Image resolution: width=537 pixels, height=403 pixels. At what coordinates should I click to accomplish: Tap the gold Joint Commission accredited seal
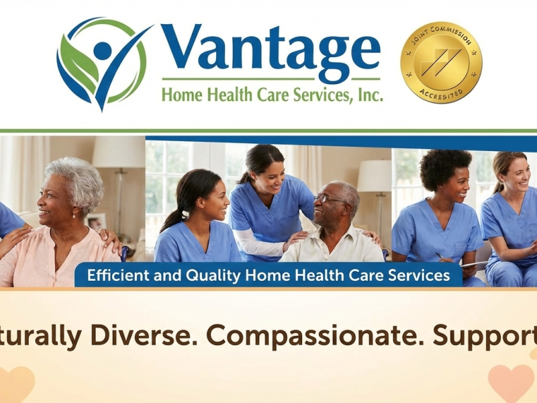(x=441, y=62)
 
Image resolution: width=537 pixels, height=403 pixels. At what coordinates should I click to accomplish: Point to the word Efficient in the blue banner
(x=116, y=275)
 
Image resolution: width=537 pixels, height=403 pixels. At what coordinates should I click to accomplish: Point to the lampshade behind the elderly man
(x=374, y=176)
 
